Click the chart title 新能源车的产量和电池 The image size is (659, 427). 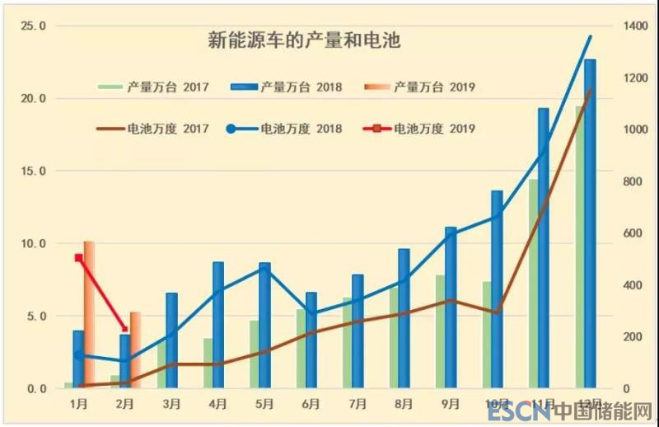point(303,40)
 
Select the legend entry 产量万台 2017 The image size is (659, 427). point(153,86)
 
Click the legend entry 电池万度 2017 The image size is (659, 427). point(153,129)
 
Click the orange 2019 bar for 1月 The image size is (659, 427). point(89,313)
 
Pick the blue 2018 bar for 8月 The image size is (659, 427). point(404,318)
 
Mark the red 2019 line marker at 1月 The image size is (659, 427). point(79,258)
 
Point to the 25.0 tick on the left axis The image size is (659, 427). point(33,26)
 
